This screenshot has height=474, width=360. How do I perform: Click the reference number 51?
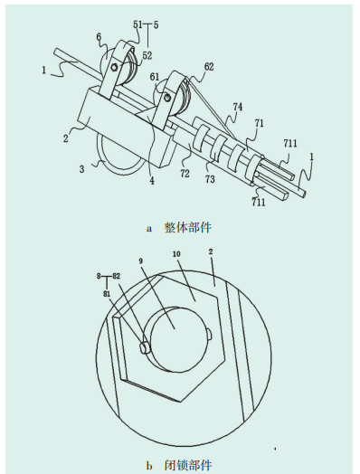[x=137, y=24]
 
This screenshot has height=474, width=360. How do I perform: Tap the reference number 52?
[x=147, y=55]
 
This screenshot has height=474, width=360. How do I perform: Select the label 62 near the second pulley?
[x=209, y=67]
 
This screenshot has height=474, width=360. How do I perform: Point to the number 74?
[x=238, y=107]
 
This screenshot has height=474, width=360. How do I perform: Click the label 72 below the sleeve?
[x=185, y=174]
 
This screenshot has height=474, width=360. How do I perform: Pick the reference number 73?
[x=210, y=179]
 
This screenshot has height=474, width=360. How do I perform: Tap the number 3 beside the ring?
[x=82, y=168]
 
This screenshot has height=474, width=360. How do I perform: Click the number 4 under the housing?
[x=152, y=181]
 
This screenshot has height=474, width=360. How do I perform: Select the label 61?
[x=155, y=77]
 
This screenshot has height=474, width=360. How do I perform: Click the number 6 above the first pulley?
[x=99, y=37]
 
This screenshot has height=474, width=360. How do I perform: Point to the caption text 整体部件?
[x=188, y=228]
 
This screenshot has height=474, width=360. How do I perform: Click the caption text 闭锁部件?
[x=188, y=465]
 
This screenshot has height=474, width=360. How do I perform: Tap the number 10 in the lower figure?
[x=176, y=254]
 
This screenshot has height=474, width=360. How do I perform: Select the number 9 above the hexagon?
[x=141, y=261]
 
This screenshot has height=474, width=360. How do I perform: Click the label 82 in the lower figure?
[x=116, y=276]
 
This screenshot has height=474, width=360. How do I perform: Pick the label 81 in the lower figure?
[x=107, y=293]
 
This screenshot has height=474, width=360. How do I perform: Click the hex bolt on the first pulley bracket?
[x=114, y=67]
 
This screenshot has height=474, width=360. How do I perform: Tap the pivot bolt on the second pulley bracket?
[x=166, y=98]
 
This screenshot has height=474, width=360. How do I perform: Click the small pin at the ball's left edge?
[x=145, y=347]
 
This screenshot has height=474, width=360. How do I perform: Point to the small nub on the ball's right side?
[x=211, y=334]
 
